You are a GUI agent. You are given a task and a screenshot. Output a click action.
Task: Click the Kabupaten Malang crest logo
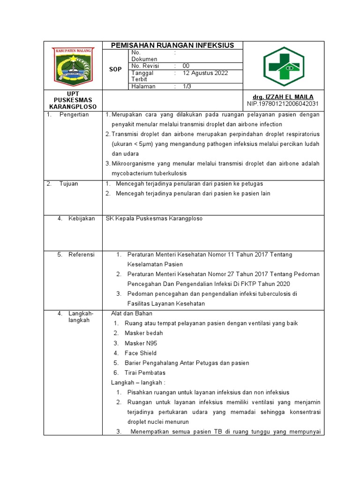(x=73, y=66)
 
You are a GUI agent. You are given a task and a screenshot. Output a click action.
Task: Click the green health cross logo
(x=283, y=66)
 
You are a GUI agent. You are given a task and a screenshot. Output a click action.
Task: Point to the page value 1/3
(x=187, y=86)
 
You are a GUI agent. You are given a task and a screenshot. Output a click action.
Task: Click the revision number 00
(x=186, y=66)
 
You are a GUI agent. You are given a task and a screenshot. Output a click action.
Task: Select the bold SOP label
(x=115, y=69)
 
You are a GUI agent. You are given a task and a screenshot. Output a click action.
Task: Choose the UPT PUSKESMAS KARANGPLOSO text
(x=73, y=100)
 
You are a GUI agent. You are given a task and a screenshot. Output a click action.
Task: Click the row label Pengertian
(x=74, y=115)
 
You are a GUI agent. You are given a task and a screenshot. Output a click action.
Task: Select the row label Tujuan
(x=69, y=184)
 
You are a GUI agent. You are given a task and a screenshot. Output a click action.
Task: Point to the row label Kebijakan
(x=82, y=218)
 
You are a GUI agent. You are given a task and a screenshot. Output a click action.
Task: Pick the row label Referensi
(x=82, y=255)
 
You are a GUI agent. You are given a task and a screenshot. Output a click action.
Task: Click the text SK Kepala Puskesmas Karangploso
(x=154, y=219)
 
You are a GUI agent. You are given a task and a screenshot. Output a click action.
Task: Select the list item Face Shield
(x=141, y=353)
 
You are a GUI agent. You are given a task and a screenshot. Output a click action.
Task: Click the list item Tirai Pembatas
(x=145, y=373)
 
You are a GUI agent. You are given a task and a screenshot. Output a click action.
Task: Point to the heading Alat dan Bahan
(x=132, y=313)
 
